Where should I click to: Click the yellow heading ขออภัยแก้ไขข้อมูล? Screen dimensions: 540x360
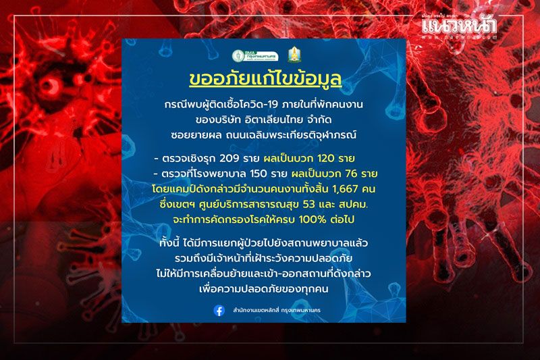[x=265, y=79]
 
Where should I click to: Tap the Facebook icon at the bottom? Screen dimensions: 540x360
[x=219, y=311]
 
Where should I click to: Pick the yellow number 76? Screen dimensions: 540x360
[x=350, y=174]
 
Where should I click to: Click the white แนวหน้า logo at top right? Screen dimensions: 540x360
[x=459, y=26]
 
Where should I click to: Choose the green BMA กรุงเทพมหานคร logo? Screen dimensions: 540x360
[x=255, y=55]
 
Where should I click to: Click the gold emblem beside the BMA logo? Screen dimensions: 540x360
[x=293, y=55]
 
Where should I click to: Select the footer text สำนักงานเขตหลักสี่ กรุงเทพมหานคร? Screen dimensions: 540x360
[x=277, y=311]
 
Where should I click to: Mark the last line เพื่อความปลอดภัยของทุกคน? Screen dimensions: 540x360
[x=264, y=288]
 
